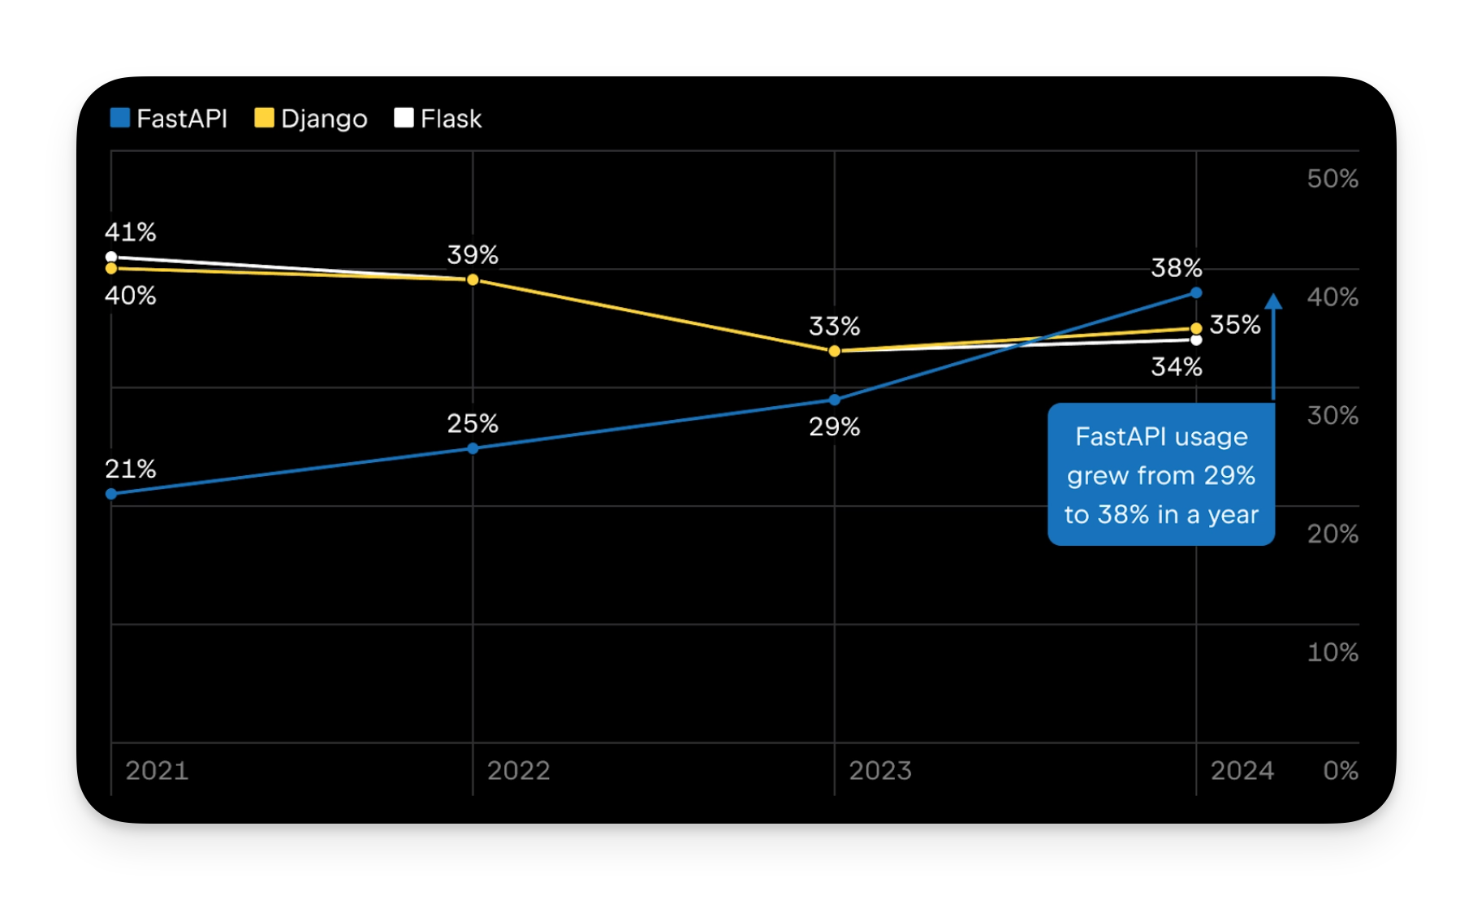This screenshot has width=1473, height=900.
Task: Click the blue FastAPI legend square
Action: click(120, 118)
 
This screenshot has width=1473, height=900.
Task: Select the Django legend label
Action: click(323, 119)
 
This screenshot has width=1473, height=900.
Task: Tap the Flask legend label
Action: click(451, 119)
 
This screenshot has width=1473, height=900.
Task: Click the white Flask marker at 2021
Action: click(111, 257)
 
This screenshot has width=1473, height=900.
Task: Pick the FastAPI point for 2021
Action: click(111, 494)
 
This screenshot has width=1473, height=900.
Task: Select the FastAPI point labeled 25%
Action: click(473, 448)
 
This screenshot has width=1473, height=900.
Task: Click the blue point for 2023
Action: click(834, 400)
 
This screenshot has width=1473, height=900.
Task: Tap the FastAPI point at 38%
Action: click(1196, 292)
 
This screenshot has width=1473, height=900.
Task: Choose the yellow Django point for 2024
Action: click(1196, 328)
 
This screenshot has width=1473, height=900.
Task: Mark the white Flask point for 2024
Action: click(1196, 340)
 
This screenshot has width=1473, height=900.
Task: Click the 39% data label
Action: click(473, 255)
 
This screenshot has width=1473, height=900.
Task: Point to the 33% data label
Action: click(834, 327)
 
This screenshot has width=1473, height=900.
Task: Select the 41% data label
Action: click(130, 232)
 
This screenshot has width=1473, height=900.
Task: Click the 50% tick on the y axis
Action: click(1332, 179)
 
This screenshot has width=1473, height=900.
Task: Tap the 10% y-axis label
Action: click(1332, 652)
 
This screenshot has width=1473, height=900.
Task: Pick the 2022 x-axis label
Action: click(518, 770)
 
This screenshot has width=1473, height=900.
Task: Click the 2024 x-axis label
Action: click(1242, 770)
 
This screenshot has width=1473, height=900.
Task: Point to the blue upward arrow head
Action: click(1273, 301)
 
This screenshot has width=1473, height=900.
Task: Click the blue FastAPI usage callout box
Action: click(1160, 474)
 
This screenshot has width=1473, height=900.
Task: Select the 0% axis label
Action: click(1340, 770)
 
